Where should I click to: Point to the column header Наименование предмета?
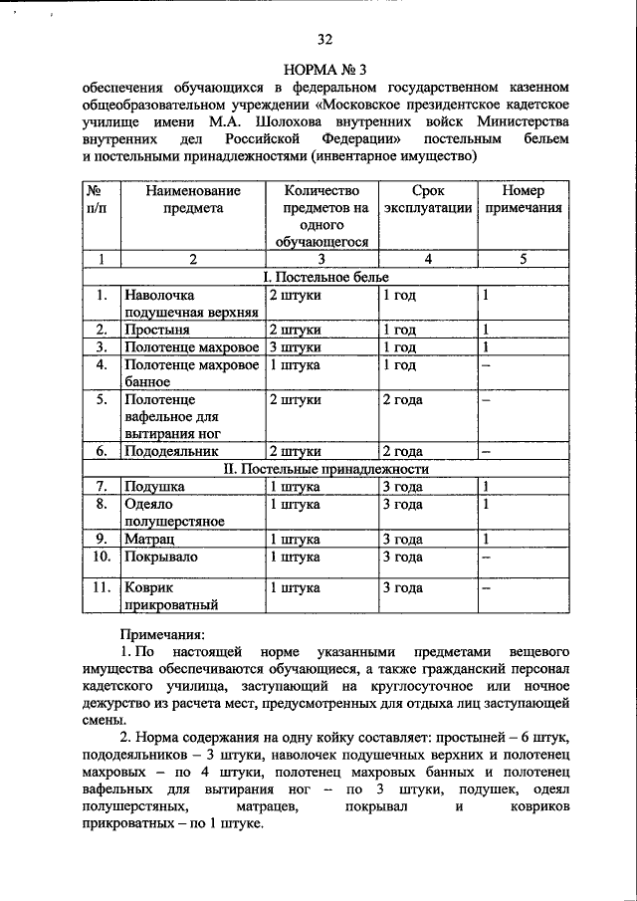pos(189,199)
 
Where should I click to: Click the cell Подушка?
pos(153,487)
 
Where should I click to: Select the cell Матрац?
pos(150,539)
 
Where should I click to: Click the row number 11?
pos(101,587)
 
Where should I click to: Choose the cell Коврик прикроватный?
pos(168,596)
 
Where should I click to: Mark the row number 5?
pos(101,400)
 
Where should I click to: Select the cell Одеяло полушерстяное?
pos(174,513)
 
